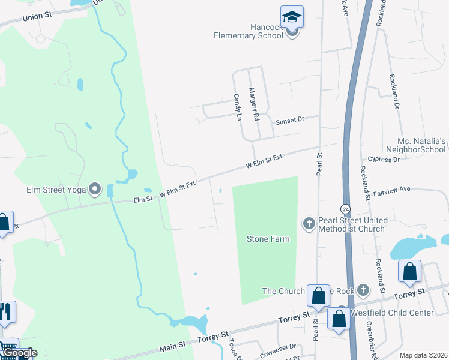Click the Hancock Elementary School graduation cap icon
pos(292,17)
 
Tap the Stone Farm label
pos(268,239)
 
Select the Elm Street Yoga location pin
pos(95,190)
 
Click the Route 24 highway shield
pos(345,209)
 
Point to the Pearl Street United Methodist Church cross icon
pos(309,224)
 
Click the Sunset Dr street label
pos(290,121)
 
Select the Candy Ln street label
pos(237,106)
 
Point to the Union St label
pos(38,17)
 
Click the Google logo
pos(19,353)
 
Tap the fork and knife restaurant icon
pos(6,311)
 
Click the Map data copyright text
pos(423,355)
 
